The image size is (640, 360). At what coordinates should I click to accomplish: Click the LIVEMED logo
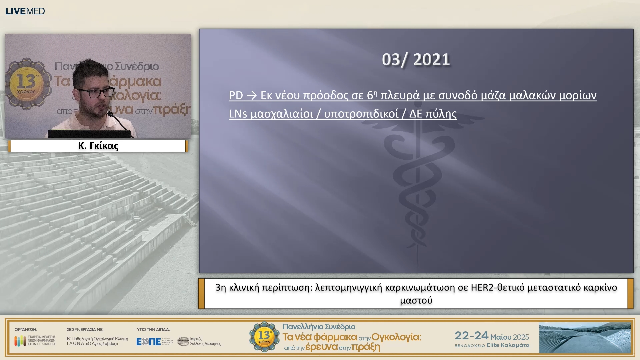pos(25,11)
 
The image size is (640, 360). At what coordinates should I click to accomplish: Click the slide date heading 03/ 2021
pos(416,60)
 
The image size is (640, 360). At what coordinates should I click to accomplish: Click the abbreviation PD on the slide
pos(236,96)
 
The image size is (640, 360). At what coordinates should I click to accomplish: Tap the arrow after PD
pos(252,96)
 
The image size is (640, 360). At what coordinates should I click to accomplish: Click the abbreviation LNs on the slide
pos(238,114)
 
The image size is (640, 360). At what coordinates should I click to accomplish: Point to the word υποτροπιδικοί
pos(361,114)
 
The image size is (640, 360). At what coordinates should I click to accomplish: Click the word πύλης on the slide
pos(441,114)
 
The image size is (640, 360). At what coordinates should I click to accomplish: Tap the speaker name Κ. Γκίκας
pos(98,146)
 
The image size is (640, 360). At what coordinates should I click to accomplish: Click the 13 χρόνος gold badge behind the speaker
pos(27,83)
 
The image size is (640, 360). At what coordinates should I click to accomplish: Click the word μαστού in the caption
pos(416,300)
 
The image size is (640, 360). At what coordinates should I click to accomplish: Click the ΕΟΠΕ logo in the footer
pos(149,341)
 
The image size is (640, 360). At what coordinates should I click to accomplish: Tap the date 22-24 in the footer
pos(471,336)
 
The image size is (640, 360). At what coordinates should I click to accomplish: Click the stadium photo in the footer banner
pos(585,338)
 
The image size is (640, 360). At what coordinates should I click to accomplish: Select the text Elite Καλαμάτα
pos(508,345)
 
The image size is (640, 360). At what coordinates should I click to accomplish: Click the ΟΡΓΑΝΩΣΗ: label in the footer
pos(26,329)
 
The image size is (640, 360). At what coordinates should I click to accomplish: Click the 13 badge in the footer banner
pos(264,337)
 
